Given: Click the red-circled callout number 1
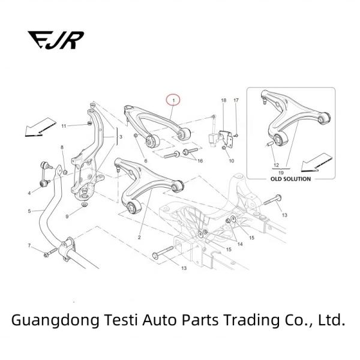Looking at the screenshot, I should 173,99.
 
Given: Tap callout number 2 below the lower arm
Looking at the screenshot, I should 139,238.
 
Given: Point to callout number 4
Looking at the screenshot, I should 29,193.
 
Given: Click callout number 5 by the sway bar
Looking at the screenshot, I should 29,211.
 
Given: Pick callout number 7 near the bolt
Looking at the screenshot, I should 29,246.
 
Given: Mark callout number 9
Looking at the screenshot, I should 67,215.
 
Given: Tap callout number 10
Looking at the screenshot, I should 231,161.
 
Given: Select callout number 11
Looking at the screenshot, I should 64,125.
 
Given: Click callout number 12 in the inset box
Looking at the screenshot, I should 276,164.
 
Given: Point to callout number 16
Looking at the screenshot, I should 200,161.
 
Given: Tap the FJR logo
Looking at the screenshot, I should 55,40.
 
